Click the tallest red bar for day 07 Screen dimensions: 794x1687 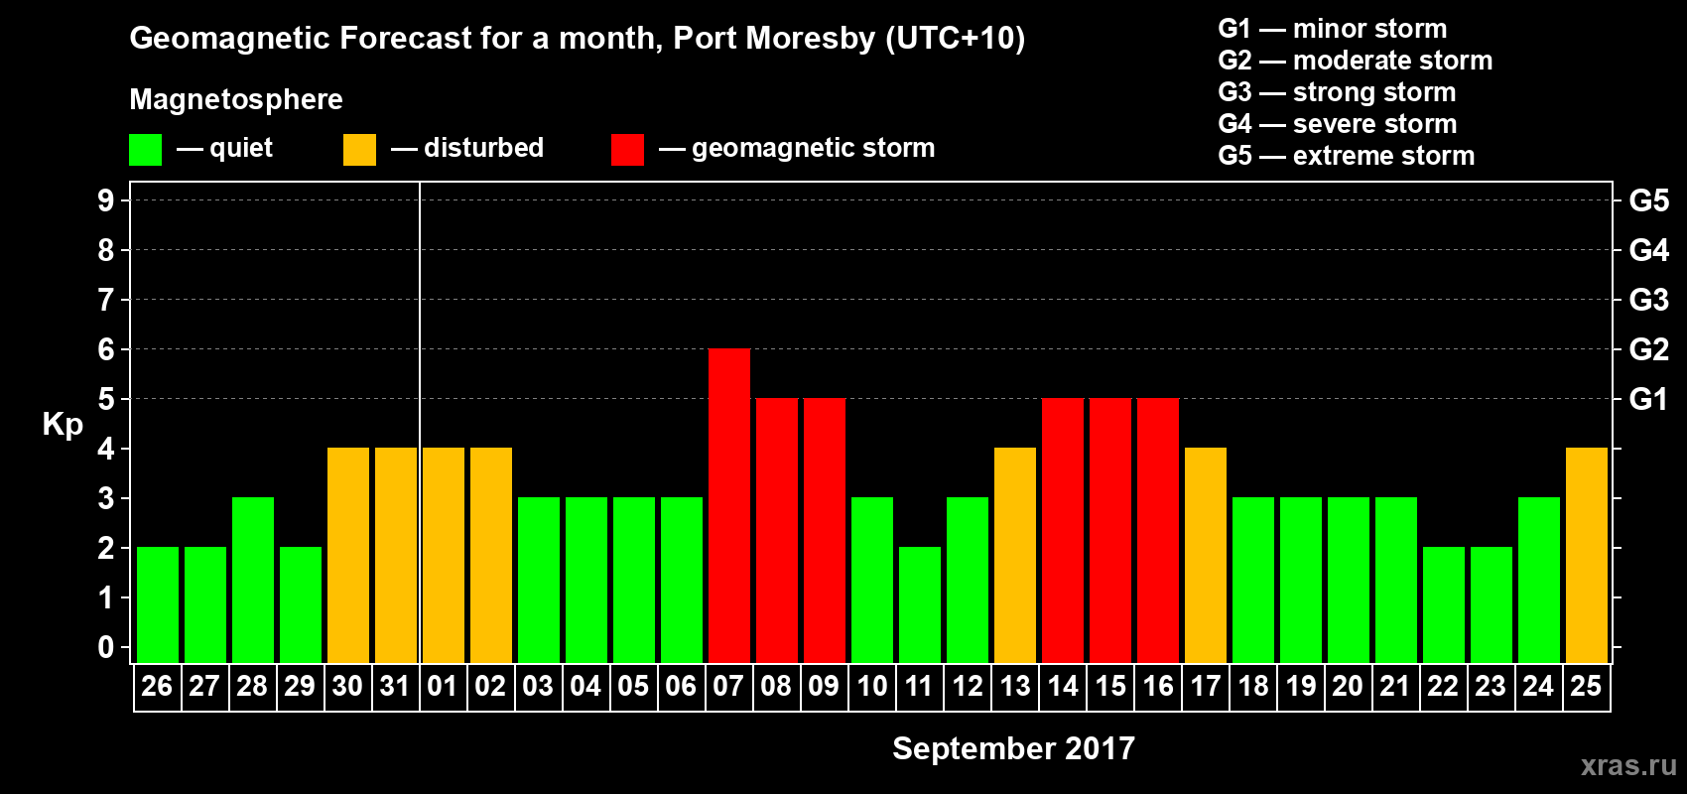coord(728,505)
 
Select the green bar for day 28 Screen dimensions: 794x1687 coord(252,580)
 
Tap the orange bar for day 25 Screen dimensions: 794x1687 coord(1586,555)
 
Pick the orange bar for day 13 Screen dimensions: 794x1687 coord(1014,555)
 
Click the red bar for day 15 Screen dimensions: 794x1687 coord(1109,530)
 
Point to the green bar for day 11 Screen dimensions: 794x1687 coord(919,604)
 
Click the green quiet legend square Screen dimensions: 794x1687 coord(145,150)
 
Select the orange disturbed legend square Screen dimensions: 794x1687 coord(359,150)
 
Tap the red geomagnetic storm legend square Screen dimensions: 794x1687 coord(627,150)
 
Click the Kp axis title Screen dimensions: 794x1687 coord(63,424)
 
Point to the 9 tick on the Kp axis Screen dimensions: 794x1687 coord(105,200)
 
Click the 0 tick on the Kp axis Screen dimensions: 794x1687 coord(105,647)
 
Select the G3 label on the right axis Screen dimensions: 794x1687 coord(1648,300)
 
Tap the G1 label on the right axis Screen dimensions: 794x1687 coord(1648,399)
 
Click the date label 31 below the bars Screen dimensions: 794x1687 coord(395,686)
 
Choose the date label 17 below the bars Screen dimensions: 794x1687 coord(1205,686)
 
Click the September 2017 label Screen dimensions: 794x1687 coord(1013,748)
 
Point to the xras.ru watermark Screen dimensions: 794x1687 coord(1628,765)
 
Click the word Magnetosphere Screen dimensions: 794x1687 coord(236,99)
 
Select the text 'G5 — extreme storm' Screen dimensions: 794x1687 coord(1346,156)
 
